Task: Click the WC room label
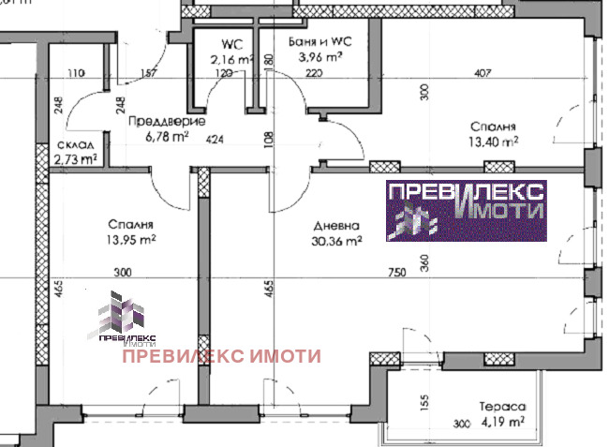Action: tap(230, 44)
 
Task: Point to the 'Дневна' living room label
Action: tap(334, 226)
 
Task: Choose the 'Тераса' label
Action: tap(504, 408)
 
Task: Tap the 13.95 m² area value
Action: tap(131, 240)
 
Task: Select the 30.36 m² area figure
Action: tap(335, 241)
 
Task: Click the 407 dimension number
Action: tap(483, 72)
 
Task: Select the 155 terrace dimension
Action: tap(424, 404)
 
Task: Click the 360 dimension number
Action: tap(423, 265)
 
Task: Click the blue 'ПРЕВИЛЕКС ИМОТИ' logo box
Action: tap(467, 211)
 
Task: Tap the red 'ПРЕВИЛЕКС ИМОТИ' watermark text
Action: tap(221, 355)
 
